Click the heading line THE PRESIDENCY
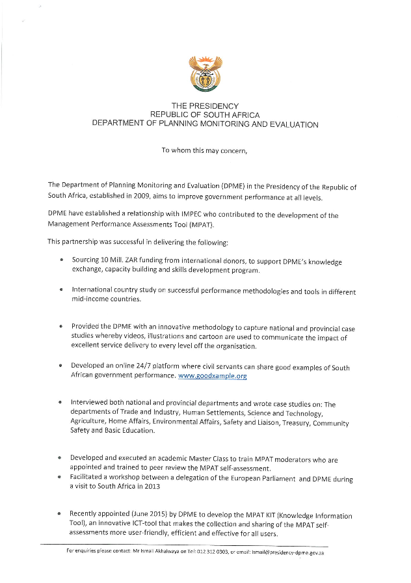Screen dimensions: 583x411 click(x=205, y=106)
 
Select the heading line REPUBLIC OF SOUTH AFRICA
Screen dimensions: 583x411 click(x=205, y=115)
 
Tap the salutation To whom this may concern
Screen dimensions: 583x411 click(x=205, y=150)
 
